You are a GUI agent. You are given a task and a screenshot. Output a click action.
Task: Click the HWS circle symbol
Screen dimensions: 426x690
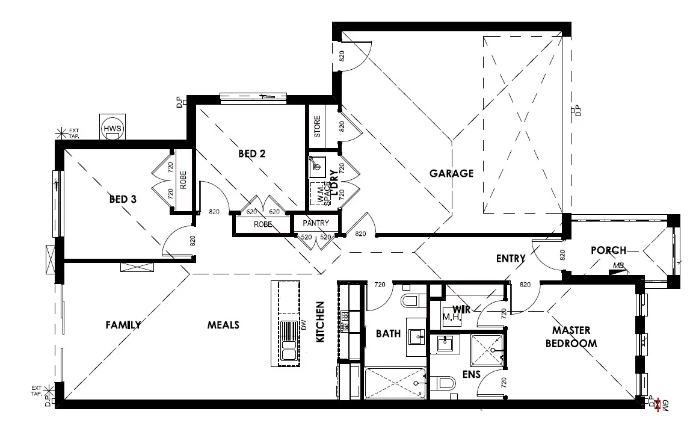tap(112, 129)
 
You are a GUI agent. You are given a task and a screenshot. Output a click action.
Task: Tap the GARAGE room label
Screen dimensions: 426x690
tap(451, 173)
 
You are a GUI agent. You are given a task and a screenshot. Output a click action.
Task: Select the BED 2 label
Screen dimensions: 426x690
tap(251, 153)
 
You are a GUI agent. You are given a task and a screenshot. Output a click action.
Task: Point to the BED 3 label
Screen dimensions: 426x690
tap(122, 199)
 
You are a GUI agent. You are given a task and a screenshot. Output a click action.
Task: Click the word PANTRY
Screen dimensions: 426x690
tap(316, 223)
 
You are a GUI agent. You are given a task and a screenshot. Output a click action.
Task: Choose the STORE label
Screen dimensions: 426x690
tap(317, 126)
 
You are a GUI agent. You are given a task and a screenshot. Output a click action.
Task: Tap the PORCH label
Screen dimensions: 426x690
tap(608, 250)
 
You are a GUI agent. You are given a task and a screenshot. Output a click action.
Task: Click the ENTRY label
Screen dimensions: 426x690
tap(511, 259)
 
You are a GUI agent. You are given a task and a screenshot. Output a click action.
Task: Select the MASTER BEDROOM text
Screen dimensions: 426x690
tap(571, 337)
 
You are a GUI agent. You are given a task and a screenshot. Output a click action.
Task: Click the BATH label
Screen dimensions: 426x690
tap(388, 333)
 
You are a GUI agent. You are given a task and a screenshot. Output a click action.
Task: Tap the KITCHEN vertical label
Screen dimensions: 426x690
tap(320, 323)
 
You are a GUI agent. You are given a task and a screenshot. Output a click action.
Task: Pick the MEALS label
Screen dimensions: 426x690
tap(223, 325)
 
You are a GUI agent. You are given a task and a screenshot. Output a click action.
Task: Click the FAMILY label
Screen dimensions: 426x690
tap(123, 325)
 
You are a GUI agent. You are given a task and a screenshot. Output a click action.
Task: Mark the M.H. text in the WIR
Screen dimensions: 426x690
tap(451, 317)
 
